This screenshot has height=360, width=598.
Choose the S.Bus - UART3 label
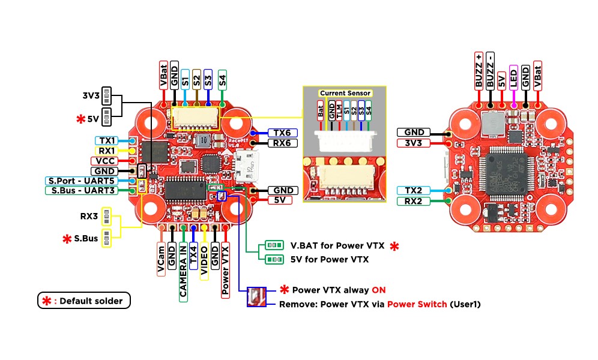click(x=82, y=191)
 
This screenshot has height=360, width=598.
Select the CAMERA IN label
click(x=183, y=263)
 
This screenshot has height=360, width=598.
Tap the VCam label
click(x=162, y=259)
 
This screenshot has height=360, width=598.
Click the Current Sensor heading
click(x=345, y=93)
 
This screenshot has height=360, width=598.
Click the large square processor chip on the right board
click(x=508, y=173)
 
